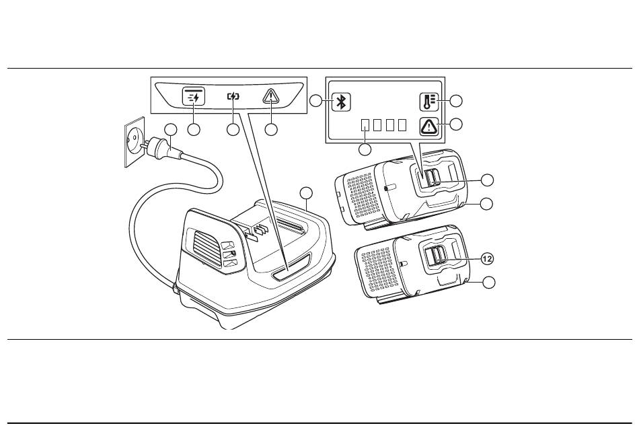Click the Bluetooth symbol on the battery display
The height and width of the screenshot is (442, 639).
pyautogui.click(x=342, y=102)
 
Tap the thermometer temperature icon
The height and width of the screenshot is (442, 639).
pyautogui.click(x=428, y=102)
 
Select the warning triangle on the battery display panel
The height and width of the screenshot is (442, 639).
pyautogui.click(x=428, y=126)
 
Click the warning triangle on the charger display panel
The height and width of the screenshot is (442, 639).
pyautogui.click(x=272, y=96)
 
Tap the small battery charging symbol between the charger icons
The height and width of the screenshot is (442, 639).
pyautogui.click(x=233, y=96)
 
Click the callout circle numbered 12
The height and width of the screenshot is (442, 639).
pyautogui.click(x=488, y=258)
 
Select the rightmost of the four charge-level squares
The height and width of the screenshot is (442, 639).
pyautogui.click(x=402, y=125)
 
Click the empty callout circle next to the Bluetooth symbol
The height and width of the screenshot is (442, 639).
pyautogui.click(x=316, y=102)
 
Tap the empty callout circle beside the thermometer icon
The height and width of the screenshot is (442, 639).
pyautogui.click(x=456, y=102)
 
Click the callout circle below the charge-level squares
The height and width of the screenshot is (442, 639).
pyautogui.click(x=365, y=149)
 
